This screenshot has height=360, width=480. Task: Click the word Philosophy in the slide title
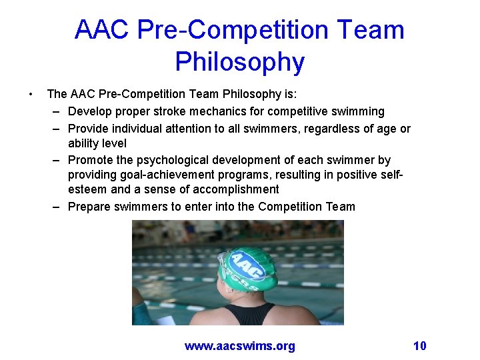pos(239,62)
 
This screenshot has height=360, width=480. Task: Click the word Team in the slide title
pos(371,30)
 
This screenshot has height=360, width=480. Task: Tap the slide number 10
pos(419,345)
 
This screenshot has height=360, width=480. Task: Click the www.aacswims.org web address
pos(239,345)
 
